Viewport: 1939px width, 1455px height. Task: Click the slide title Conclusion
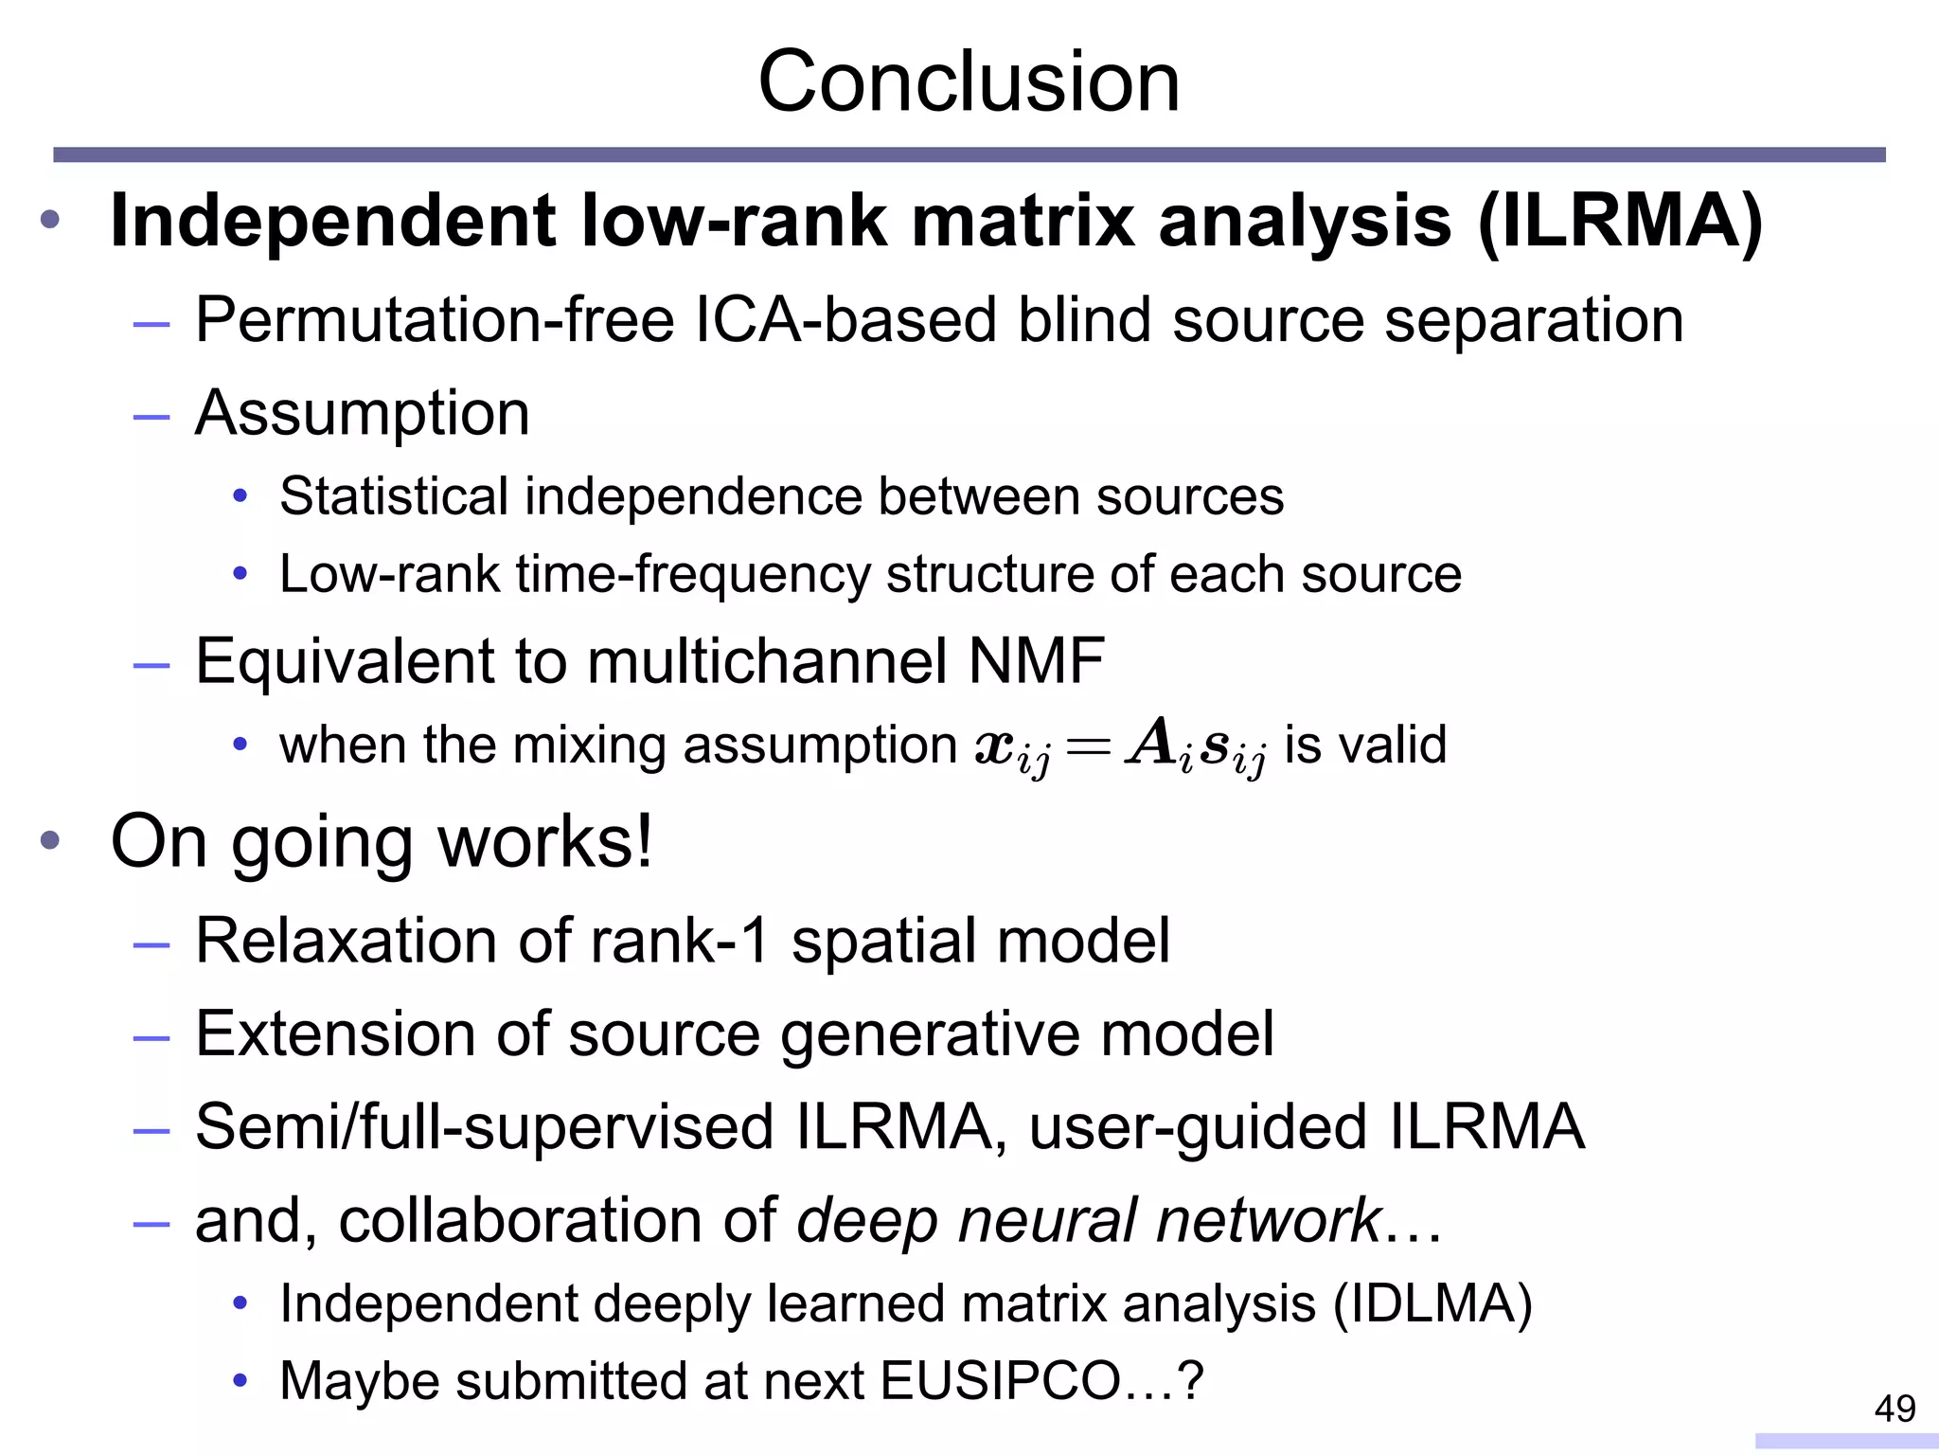tap(969, 82)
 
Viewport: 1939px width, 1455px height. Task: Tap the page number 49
tap(1895, 1409)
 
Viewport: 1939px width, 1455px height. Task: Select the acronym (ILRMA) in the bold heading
tap(1620, 222)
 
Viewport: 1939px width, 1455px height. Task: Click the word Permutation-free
tap(435, 320)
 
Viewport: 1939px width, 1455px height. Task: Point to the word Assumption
tap(362, 414)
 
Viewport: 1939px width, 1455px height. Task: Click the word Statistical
tap(394, 496)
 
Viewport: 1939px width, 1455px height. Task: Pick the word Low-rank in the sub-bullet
tap(389, 574)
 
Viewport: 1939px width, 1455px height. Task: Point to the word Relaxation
tap(347, 941)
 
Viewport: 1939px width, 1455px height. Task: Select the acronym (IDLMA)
tap(1432, 1304)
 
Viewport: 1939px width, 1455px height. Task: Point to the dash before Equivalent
tap(151, 665)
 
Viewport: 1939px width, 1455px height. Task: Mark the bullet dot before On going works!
tap(50, 839)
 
